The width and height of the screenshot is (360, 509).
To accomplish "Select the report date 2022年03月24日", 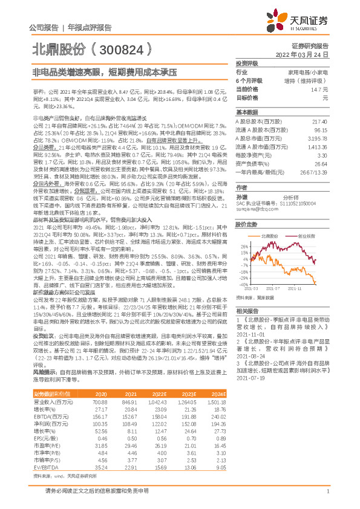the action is pos(306,54).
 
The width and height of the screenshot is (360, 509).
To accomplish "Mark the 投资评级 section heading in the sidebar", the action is pos(247,62).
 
